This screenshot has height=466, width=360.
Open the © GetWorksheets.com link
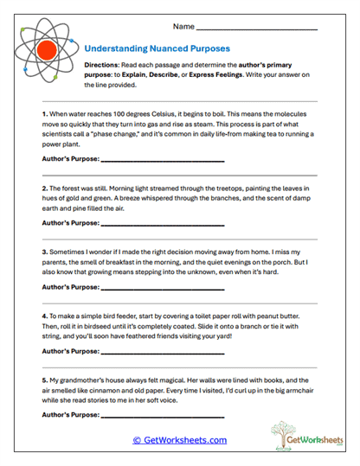[179, 440]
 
